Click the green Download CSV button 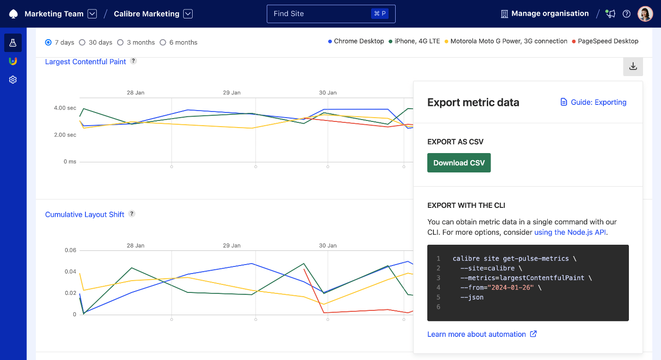(x=458, y=163)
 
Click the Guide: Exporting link (x=593, y=102)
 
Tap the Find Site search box (x=330, y=14)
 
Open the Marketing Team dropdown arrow (x=93, y=14)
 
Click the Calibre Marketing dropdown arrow (x=188, y=14)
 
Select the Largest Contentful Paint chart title (x=85, y=61)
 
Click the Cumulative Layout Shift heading (x=85, y=214)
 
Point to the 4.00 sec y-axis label (x=65, y=108)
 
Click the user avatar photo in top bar (x=645, y=14)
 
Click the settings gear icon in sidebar (x=13, y=80)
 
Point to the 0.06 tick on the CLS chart (x=70, y=250)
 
